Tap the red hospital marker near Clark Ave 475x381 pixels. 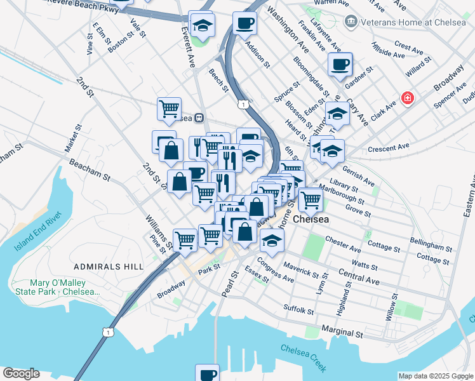pyautogui.click(x=406, y=99)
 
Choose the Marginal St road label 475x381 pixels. pyautogui.click(x=342, y=332)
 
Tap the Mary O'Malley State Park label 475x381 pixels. pyautogui.click(x=65, y=287)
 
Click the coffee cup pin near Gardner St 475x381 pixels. pyautogui.click(x=340, y=63)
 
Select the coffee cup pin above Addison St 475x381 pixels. pyautogui.click(x=244, y=23)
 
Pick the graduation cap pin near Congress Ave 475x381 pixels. pyautogui.click(x=272, y=241)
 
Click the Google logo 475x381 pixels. pyautogui.click(x=21, y=373)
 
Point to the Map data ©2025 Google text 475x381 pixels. pyautogui.click(x=435, y=376)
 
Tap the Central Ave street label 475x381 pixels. pyautogui.click(x=359, y=276)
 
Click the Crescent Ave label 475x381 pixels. pyautogui.click(x=389, y=148)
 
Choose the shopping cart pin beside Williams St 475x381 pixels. pyautogui.click(x=185, y=240)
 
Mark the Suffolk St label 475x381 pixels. pyautogui.click(x=298, y=311)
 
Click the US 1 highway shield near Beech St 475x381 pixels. pyautogui.click(x=243, y=104)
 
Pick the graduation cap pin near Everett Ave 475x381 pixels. pyautogui.click(x=202, y=24)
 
